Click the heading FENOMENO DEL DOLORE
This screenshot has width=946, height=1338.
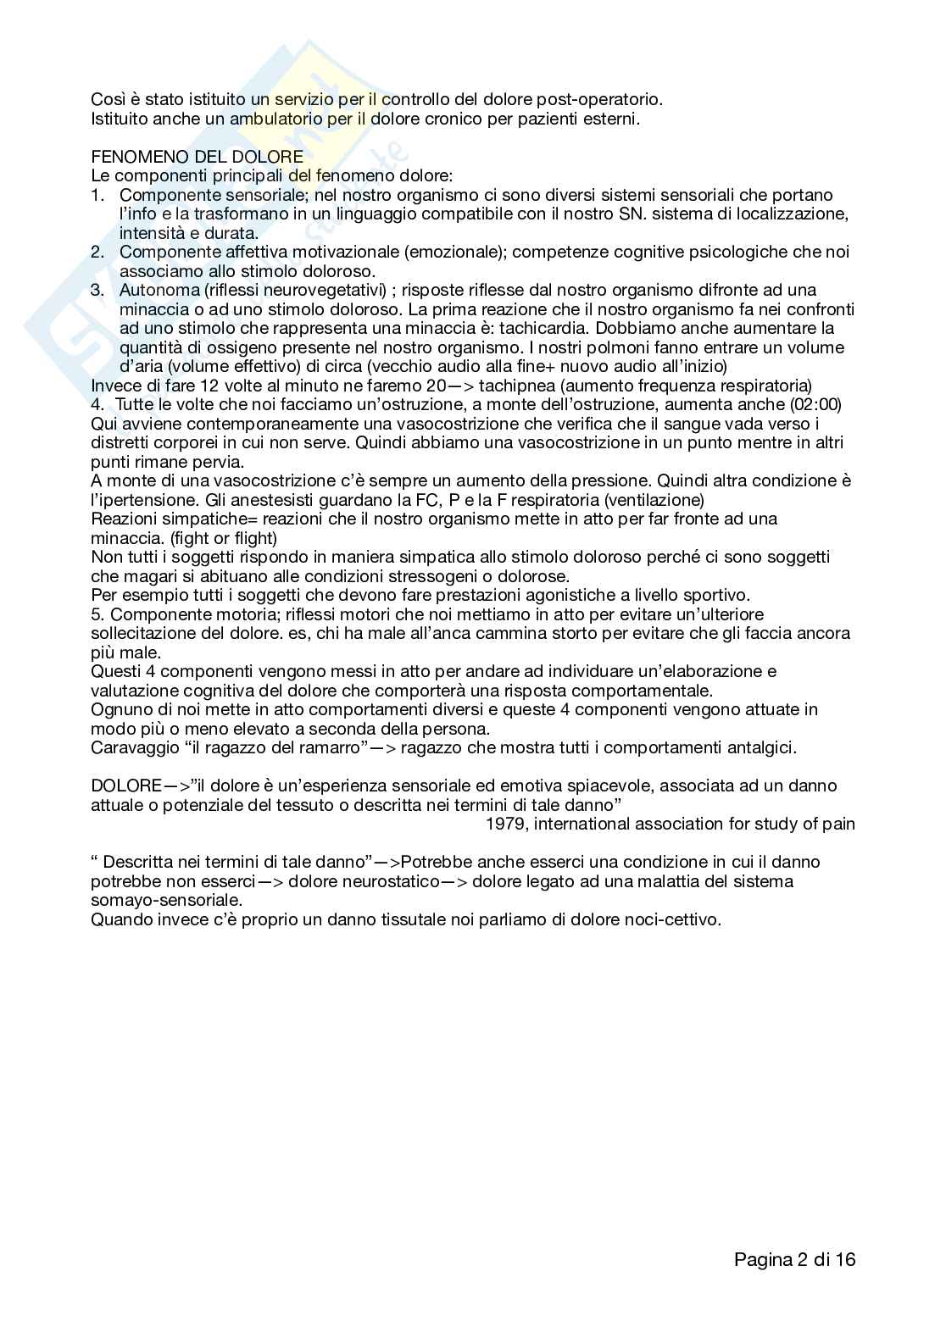(197, 157)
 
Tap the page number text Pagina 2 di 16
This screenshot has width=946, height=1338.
(794, 1259)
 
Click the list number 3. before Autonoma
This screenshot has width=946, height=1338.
(97, 290)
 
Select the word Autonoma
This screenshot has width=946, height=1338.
(153, 290)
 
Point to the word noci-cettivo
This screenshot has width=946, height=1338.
(671, 919)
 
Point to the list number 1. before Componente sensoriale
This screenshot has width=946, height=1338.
(97, 195)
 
